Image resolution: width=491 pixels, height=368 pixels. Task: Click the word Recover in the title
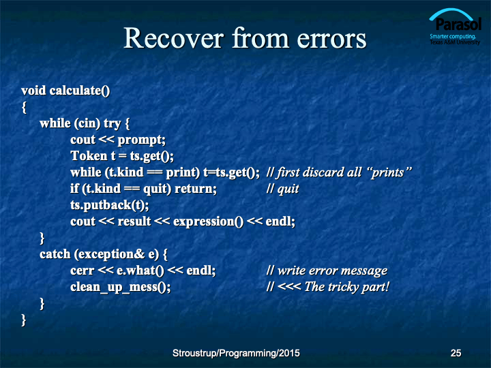[174, 38]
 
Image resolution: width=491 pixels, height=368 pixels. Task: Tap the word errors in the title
[331, 39]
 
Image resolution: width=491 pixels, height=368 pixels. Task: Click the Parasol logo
[455, 27]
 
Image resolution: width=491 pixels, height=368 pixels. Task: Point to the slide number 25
[456, 353]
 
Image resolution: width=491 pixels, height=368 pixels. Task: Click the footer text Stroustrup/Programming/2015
[236, 353]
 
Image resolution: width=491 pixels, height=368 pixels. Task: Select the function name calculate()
[80, 91]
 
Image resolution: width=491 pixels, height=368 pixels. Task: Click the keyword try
[112, 123]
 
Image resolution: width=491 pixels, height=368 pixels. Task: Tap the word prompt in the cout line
[142, 140]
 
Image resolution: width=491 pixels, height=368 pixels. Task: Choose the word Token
[89, 156]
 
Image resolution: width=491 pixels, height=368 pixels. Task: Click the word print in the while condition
[183, 172]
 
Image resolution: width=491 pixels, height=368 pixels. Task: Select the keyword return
[196, 189]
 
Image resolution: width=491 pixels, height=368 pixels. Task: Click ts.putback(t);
[110, 205]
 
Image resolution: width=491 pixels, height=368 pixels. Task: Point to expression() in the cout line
[208, 222]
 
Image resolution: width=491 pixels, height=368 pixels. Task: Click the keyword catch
[55, 254]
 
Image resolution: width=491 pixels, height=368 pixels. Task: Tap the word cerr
[82, 271]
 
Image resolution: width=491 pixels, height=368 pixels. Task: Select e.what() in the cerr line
[140, 271]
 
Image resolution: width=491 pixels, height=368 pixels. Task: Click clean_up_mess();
[121, 288]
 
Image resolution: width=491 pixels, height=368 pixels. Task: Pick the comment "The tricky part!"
[347, 287]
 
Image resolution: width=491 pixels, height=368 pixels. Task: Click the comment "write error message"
[333, 271]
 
